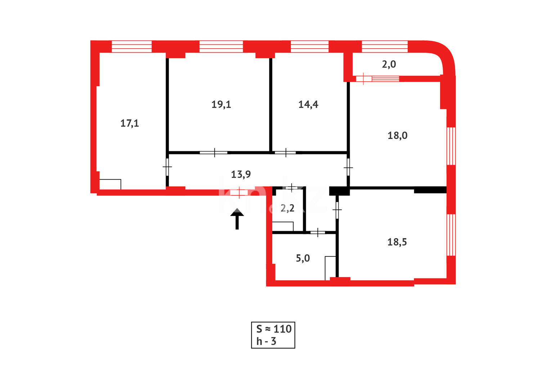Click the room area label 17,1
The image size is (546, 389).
point(129,124)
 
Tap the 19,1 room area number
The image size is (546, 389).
point(221,104)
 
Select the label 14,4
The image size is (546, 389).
point(308,104)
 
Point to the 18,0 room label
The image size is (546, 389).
point(397,135)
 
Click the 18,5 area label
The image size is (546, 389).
point(397,242)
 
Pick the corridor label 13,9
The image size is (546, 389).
point(241,174)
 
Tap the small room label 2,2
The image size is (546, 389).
point(287,208)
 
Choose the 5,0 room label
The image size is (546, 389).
point(303,258)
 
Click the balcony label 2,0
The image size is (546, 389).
point(389,64)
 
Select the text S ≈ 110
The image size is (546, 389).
point(274,329)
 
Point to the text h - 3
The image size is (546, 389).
point(266,341)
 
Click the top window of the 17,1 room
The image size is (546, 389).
point(131,46)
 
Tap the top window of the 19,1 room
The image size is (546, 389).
point(221,46)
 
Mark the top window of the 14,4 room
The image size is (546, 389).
point(309,46)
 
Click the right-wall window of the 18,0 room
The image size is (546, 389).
point(451,146)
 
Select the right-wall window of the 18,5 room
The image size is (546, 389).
point(451,235)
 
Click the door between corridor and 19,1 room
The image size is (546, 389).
point(214,153)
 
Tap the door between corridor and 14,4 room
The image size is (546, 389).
point(285,153)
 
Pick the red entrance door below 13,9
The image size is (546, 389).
point(239,193)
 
